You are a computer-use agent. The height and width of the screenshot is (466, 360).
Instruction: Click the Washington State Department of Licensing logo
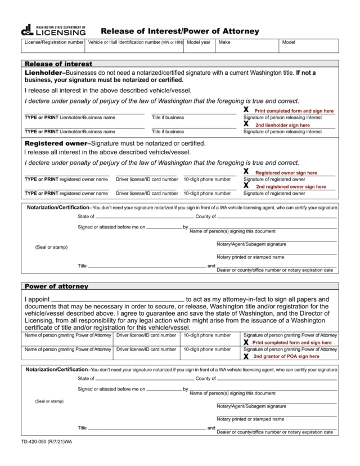(x=53, y=30)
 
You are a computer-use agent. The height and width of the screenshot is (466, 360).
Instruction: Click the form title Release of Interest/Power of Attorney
(x=179, y=32)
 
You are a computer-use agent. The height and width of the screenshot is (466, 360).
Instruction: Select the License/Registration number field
(x=53, y=46)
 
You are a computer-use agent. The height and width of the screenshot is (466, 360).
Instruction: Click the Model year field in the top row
(x=199, y=46)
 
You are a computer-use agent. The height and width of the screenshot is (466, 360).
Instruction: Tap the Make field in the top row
(x=247, y=46)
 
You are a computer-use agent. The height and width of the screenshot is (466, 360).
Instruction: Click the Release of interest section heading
(x=58, y=64)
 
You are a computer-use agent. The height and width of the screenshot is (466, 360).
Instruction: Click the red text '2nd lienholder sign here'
(x=282, y=125)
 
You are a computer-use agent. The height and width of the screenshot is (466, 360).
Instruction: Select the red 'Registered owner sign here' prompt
(x=286, y=173)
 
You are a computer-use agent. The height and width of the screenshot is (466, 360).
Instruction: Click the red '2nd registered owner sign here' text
(x=290, y=186)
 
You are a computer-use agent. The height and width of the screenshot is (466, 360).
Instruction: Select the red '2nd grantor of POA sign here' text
(x=286, y=356)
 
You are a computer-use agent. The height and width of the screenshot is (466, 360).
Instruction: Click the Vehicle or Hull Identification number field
(x=135, y=46)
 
